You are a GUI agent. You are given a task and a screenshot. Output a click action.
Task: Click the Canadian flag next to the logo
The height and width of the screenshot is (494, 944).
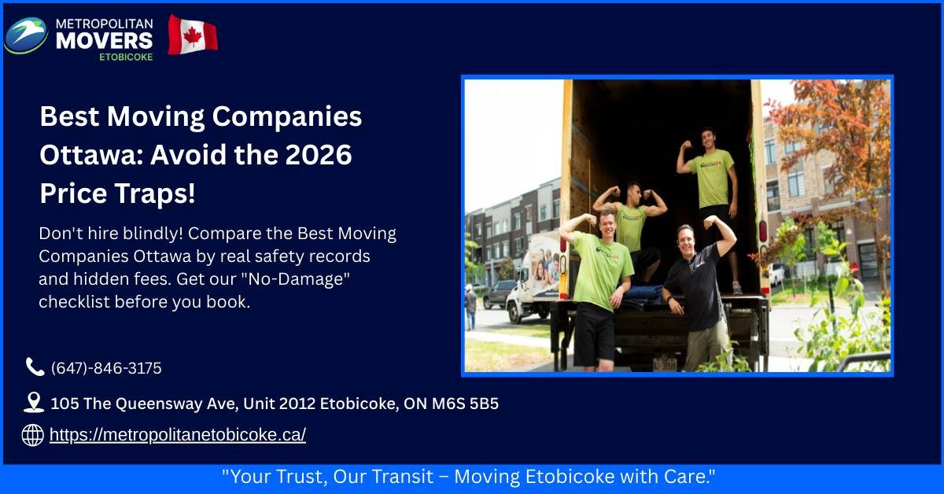pyautogui.click(x=192, y=35)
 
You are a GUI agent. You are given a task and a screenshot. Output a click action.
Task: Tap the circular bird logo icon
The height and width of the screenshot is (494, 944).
pyautogui.click(x=26, y=35)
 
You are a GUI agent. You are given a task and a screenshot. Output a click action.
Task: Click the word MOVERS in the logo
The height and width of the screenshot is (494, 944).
pyautogui.click(x=104, y=40)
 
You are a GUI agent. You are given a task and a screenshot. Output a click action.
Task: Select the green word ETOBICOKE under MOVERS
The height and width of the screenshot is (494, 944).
pyautogui.click(x=126, y=57)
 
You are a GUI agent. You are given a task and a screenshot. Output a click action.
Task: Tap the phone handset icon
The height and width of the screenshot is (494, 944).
pyautogui.click(x=35, y=367)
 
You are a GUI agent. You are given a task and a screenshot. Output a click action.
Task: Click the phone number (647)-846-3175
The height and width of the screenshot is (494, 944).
pyautogui.click(x=106, y=368)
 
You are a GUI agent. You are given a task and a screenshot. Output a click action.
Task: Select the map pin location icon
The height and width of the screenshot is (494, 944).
pyautogui.click(x=34, y=403)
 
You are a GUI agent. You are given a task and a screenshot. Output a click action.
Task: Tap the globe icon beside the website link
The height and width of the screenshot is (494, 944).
pyautogui.click(x=32, y=434)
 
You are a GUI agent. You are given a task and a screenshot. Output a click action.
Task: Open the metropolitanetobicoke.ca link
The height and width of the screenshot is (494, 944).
pyautogui.click(x=178, y=434)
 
